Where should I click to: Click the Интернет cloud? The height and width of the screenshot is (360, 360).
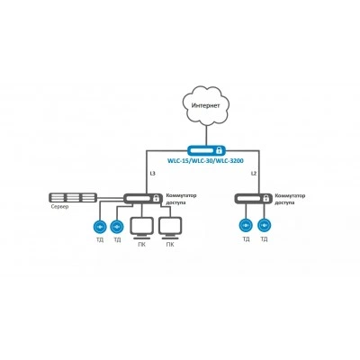pyautogui.click(x=206, y=104)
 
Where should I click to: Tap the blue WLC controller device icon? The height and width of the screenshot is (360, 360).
pyautogui.click(x=206, y=149)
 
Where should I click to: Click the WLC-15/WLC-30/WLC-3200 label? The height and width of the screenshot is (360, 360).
pyautogui.click(x=205, y=161)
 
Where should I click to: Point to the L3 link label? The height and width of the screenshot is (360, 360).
pyautogui.click(x=152, y=174)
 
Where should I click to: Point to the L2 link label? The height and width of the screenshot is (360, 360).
pyautogui.click(x=254, y=174)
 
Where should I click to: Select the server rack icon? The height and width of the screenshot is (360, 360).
pyautogui.click(x=73, y=198)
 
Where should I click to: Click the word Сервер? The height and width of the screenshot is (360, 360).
pyautogui.click(x=59, y=207)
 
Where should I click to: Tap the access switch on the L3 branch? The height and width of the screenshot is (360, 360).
pyautogui.click(x=142, y=198)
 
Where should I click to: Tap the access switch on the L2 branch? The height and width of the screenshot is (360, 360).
pyautogui.click(x=253, y=198)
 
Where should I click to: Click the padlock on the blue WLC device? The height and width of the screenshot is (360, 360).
pyautogui.click(x=220, y=149)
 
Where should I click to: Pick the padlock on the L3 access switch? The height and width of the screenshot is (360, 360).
pyautogui.click(x=156, y=198)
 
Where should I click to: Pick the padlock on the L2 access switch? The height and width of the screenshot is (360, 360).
pyautogui.click(x=265, y=198)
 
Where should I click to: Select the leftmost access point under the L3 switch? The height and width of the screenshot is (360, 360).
pyautogui.click(x=100, y=227)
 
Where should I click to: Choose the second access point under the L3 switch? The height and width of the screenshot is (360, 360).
pyautogui.click(x=117, y=227)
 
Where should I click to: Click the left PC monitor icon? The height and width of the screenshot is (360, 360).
pyautogui.click(x=142, y=229)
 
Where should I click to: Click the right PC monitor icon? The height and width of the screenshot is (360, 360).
pyautogui.click(x=170, y=229)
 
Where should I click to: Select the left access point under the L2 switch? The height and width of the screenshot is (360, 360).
pyautogui.click(x=246, y=226)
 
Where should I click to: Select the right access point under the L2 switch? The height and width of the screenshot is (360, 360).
pyautogui.click(x=264, y=226)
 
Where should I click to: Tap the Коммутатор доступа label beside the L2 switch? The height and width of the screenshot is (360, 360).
pyautogui.click(x=290, y=199)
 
